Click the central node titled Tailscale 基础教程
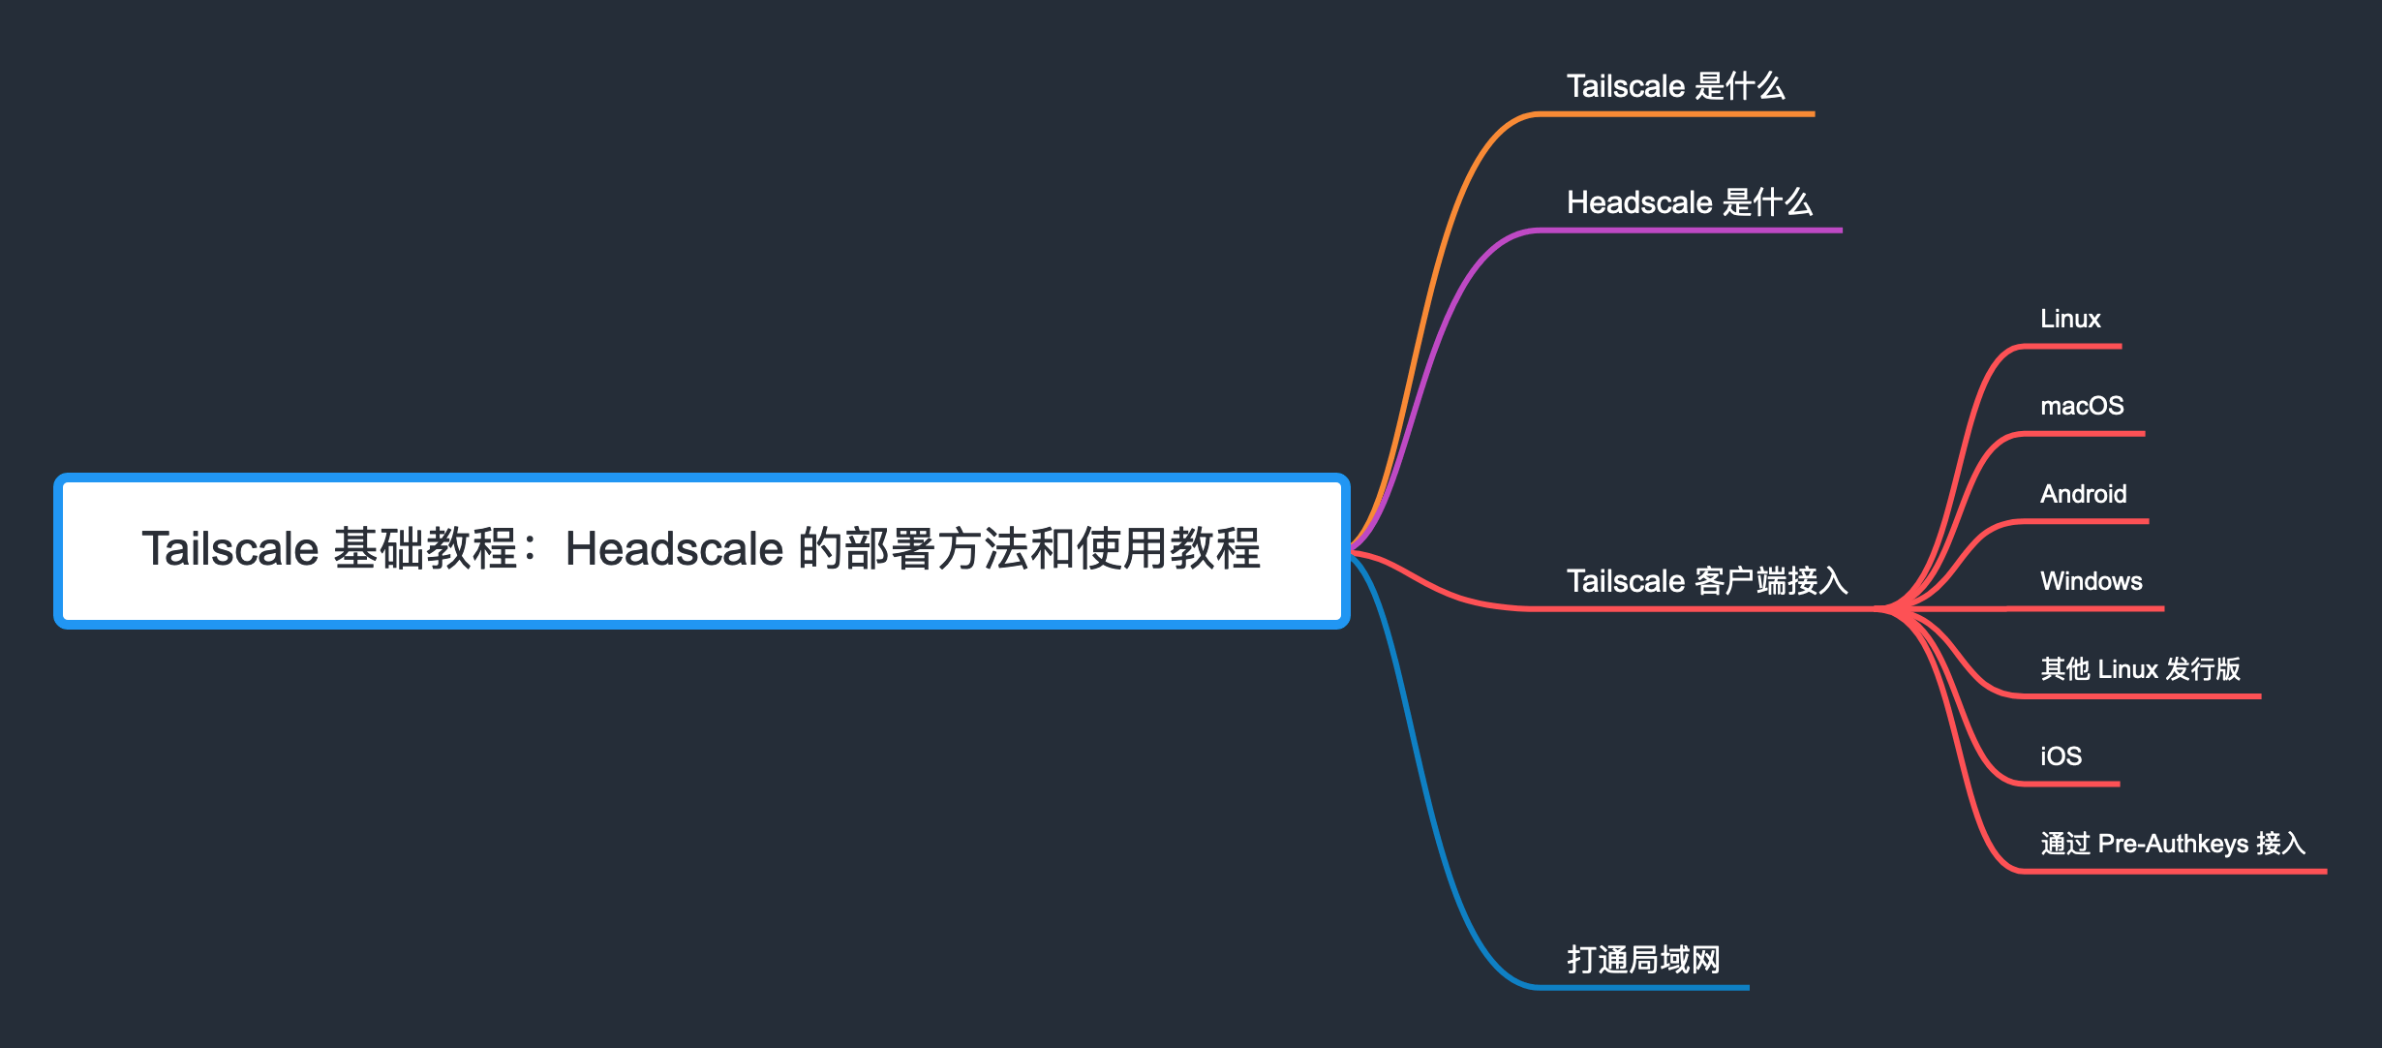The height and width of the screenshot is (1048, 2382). [702, 550]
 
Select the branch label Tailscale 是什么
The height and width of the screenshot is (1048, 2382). [1675, 86]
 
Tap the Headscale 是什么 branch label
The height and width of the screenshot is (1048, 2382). [1689, 202]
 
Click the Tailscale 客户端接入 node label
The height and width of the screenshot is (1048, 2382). [1707, 581]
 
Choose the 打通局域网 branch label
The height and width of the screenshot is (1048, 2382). [1643, 960]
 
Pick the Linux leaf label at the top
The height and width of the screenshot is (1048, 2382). [2070, 319]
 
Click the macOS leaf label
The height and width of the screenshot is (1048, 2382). [2082, 406]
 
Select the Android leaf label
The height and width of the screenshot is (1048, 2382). [2084, 494]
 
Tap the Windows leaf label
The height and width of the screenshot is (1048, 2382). [2092, 581]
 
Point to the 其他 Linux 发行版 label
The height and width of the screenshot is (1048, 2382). [2140, 669]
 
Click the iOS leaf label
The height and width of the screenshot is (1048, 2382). [2061, 756]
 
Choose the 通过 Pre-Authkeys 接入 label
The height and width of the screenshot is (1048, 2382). [2173, 844]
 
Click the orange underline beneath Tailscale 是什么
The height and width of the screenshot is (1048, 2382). [1675, 114]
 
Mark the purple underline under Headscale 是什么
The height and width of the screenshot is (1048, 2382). [1689, 231]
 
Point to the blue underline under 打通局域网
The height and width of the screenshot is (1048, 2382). [1643, 988]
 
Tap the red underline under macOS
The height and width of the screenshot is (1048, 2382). [2083, 434]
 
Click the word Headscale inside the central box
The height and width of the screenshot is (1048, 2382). [674, 549]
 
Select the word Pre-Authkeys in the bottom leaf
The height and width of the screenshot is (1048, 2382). [2173, 844]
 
